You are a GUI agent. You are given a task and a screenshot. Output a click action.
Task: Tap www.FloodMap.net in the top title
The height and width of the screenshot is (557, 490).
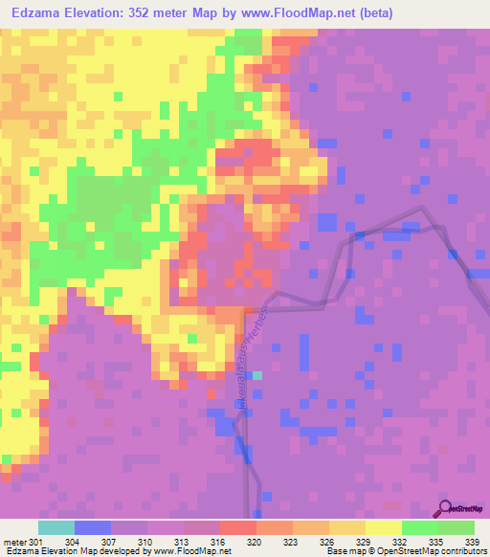tap(295, 13)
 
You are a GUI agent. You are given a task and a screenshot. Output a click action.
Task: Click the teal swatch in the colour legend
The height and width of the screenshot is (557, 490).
tap(56, 527)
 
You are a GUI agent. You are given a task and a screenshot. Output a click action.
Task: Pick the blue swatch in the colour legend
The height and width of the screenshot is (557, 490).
tap(93, 527)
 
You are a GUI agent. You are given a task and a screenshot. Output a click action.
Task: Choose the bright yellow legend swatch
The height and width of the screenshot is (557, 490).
tap(384, 527)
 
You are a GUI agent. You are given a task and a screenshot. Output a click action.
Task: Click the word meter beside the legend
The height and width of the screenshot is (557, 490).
tap(13, 542)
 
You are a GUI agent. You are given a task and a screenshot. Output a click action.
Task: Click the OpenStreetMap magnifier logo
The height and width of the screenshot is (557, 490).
tap(443, 509)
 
